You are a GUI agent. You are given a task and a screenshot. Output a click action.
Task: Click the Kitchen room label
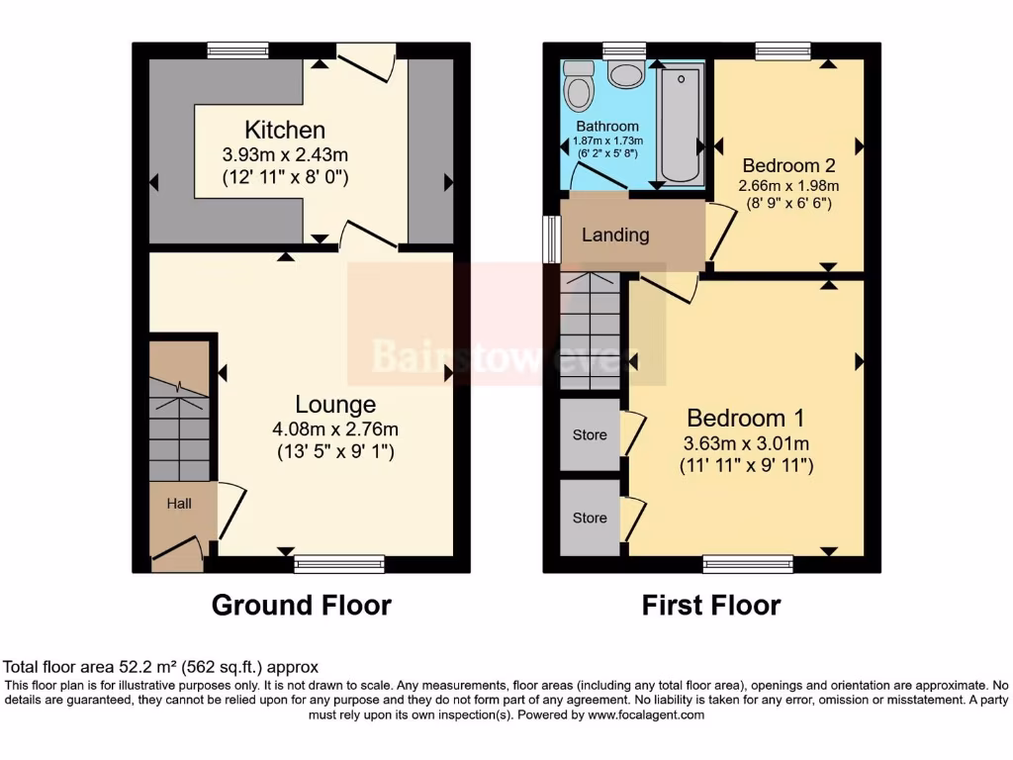(x=285, y=130)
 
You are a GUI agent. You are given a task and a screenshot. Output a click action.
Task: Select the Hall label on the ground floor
(x=179, y=504)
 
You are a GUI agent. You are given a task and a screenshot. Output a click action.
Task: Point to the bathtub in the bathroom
(x=680, y=125)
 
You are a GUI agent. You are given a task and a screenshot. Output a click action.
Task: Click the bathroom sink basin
(x=625, y=74)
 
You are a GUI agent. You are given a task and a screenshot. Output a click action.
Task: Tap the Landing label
(x=615, y=235)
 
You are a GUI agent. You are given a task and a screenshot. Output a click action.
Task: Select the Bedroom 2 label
(x=782, y=165)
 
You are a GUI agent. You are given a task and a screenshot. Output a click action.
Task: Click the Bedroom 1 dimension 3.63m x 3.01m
(x=746, y=442)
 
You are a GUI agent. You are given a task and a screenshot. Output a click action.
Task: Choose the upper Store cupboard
(x=590, y=435)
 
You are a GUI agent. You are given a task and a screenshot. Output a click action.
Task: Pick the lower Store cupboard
(x=590, y=518)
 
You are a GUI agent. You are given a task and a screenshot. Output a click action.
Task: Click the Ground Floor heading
(x=302, y=605)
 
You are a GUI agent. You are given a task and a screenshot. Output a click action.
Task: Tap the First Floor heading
(x=711, y=605)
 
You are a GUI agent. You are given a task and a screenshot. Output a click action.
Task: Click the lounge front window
(x=339, y=564)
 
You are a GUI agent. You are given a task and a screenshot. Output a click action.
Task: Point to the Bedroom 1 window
(x=748, y=564)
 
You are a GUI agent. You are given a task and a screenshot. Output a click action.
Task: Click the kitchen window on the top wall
(x=237, y=49)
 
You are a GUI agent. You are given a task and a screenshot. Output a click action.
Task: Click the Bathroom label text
(x=607, y=127)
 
